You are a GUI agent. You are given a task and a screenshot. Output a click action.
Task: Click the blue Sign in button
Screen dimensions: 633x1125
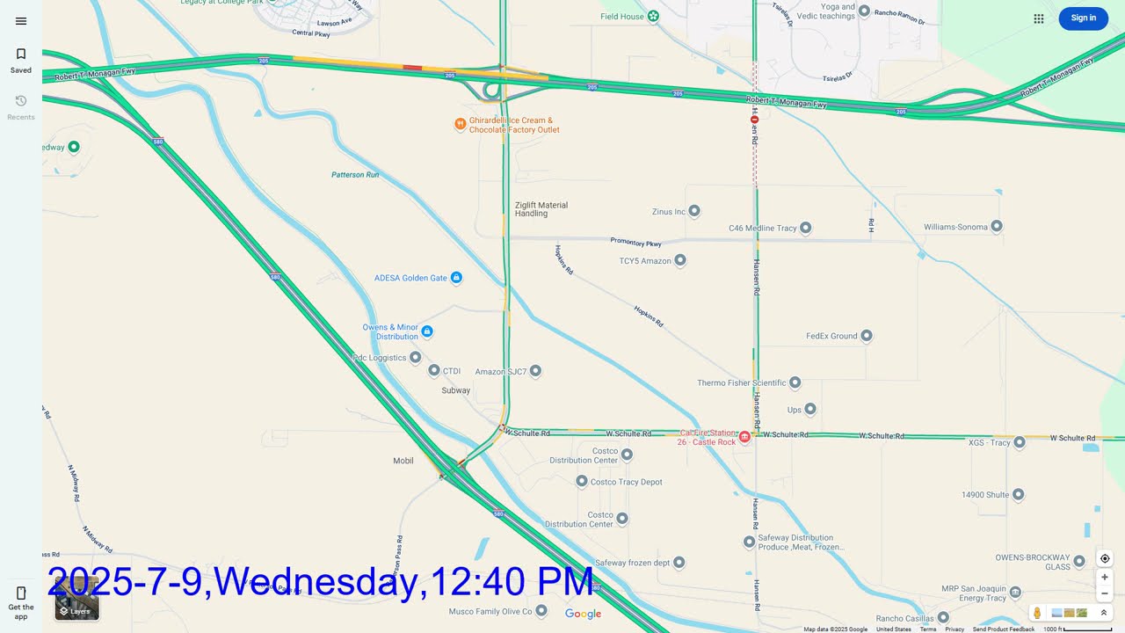tap(1083, 18)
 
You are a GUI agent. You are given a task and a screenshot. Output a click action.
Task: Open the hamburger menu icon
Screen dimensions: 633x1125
tap(21, 21)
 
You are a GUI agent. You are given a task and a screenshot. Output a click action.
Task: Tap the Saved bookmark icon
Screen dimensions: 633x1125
tap(21, 55)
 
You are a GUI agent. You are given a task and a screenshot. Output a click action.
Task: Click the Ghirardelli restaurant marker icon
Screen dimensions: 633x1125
tap(460, 124)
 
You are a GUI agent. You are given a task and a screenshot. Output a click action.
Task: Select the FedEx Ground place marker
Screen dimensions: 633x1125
tap(867, 336)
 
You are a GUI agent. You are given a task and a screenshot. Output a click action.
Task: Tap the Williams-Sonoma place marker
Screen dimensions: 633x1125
tap(997, 227)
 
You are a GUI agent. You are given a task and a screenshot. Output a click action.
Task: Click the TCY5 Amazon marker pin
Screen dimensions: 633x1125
tap(679, 261)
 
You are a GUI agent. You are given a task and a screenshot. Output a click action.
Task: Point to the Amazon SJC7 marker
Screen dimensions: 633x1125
tap(535, 371)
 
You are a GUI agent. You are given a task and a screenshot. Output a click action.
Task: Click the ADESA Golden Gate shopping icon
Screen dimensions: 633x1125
tap(456, 278)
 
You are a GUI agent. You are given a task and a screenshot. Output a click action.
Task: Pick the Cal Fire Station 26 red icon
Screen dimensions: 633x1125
tap(744, 436)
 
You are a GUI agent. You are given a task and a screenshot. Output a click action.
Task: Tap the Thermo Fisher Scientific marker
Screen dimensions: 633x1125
tap(795, 382)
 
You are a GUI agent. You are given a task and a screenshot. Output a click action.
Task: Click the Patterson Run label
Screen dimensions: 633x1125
tap(355, 175)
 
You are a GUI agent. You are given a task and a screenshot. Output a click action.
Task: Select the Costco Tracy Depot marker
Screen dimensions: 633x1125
tap(582, 482)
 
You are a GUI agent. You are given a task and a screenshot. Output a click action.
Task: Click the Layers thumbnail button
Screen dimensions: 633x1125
tap(76, 600)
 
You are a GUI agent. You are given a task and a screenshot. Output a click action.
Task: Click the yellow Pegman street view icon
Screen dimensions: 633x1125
tap(1037, 613)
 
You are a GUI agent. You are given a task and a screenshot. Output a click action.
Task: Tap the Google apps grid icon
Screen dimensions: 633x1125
tap(1039, 18)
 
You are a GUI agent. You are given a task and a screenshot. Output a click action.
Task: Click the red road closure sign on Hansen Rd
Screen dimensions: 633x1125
tap(754, 119)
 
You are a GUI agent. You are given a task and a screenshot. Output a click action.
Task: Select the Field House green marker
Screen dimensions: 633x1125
tap(653, 16)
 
